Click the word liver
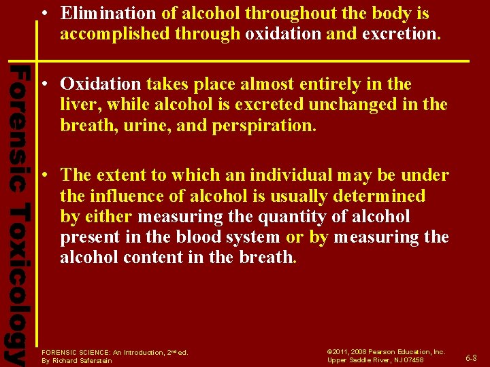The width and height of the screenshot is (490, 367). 76,105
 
